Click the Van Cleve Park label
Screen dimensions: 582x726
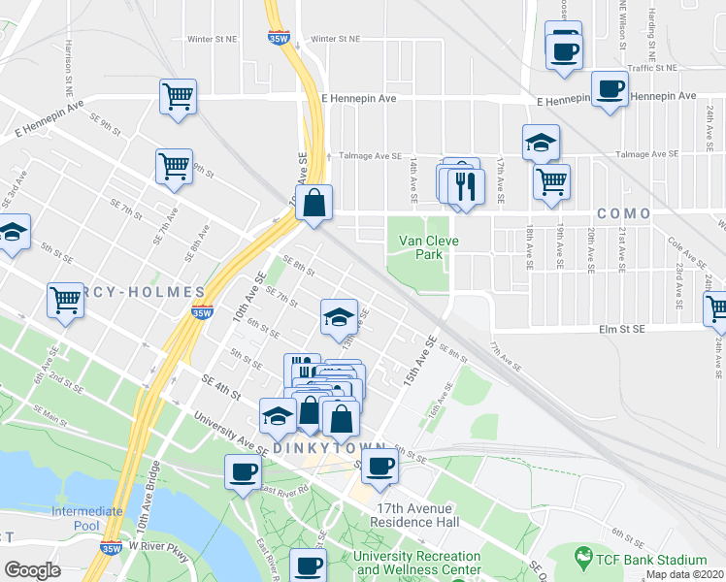coord(422,247)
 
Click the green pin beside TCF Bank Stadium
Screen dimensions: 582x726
coord(582,559)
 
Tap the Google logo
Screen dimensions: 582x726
coord(32,570)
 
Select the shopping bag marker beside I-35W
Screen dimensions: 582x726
coord(314,204)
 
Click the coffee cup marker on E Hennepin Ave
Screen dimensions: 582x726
coord(610,90)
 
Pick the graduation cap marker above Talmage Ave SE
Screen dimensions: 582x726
coord(541,144)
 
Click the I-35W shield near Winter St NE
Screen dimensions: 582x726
coord(280,38)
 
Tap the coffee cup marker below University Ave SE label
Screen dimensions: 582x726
coord(242,472)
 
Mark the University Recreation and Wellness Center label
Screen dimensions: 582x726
coord(417,563)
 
